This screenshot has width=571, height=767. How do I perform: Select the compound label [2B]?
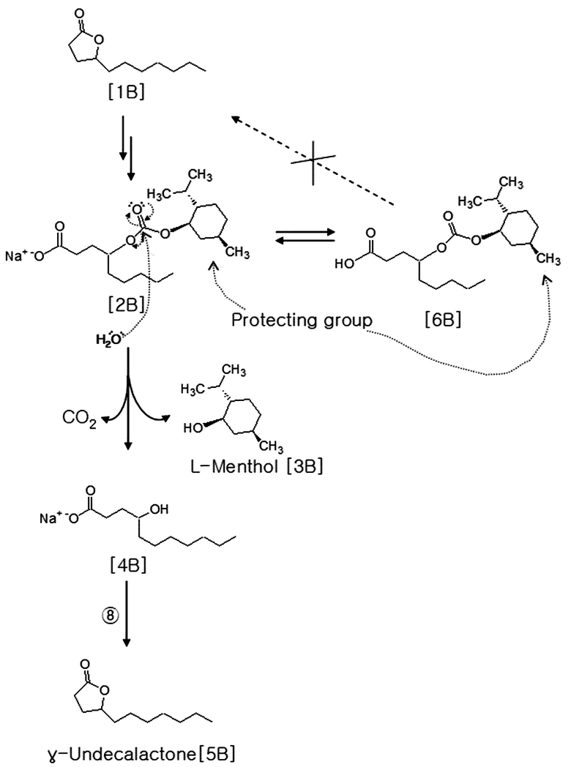(126, 304)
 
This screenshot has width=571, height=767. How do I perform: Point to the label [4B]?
(127, 566)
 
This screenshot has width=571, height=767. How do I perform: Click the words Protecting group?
(302, 321)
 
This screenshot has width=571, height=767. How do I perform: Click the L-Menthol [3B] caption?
(256, 466)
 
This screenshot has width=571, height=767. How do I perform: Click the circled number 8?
(110, 615)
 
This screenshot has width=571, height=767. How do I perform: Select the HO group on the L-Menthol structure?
(193, 428)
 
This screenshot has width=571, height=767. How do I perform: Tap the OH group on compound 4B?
(159, 509)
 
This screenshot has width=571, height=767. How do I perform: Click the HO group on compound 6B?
(345, 264)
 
